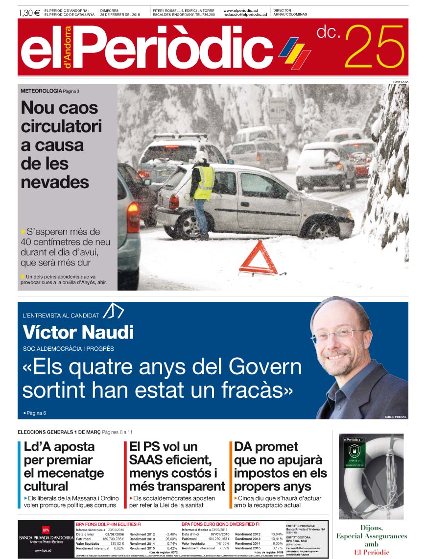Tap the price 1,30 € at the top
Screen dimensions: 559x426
point(29,13)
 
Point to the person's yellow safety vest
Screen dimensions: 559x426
point(204,182)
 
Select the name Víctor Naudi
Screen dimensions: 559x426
point(78,333)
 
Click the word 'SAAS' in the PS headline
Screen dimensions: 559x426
point(146,460)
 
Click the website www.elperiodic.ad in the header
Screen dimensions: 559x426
point(240,10)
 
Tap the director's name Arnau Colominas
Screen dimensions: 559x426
point(290,15)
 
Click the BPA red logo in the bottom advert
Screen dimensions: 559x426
point(46,530)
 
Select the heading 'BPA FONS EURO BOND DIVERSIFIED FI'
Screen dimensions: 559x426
point(220,524)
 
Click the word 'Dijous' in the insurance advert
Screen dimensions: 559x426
point(371,528)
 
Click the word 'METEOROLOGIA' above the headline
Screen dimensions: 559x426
point(41,91)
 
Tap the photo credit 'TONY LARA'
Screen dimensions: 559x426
point(400,81)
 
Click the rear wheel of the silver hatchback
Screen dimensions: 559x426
point(189,224)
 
